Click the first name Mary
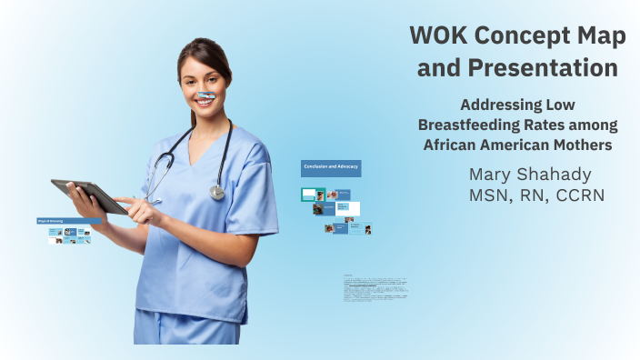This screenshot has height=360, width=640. click(495, 174)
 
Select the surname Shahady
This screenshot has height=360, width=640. click(565, 174)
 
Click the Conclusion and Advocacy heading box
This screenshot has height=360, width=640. click(331, 168)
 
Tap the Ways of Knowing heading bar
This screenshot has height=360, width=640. click(68, 221)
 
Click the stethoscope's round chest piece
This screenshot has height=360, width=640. click(216, 192)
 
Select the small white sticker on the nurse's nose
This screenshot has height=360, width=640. click(206, 95)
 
